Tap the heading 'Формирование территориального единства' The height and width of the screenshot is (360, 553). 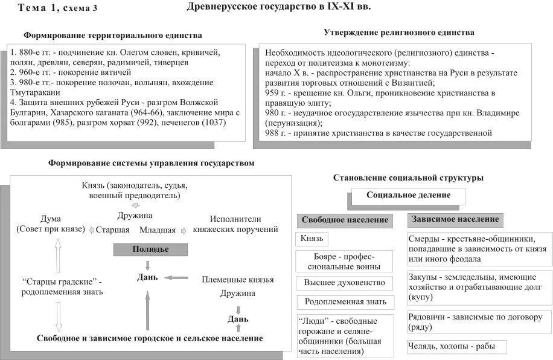(x=113, y=36)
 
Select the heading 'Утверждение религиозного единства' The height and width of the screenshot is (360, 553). (x=398, y=32)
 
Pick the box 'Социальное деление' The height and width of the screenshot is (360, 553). (x=408, y=196)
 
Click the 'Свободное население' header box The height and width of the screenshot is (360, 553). (x=345, y=220)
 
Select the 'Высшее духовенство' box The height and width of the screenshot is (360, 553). (x=345, y=282)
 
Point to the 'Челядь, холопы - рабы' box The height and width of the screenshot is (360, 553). (x=456, y=347)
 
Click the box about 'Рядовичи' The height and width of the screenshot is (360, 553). (x=479, y=321)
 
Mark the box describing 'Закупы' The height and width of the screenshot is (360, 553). (x=479, y=287)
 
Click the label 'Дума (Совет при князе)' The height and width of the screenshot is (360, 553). (x=51, y=224)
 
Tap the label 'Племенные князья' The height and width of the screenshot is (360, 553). (x=238, y=280)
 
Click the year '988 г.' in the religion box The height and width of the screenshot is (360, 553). (x=275, y=133)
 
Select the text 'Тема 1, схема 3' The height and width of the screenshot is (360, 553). (x=57, y=8)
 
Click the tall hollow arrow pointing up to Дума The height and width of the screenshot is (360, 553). (x=59, y=257)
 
